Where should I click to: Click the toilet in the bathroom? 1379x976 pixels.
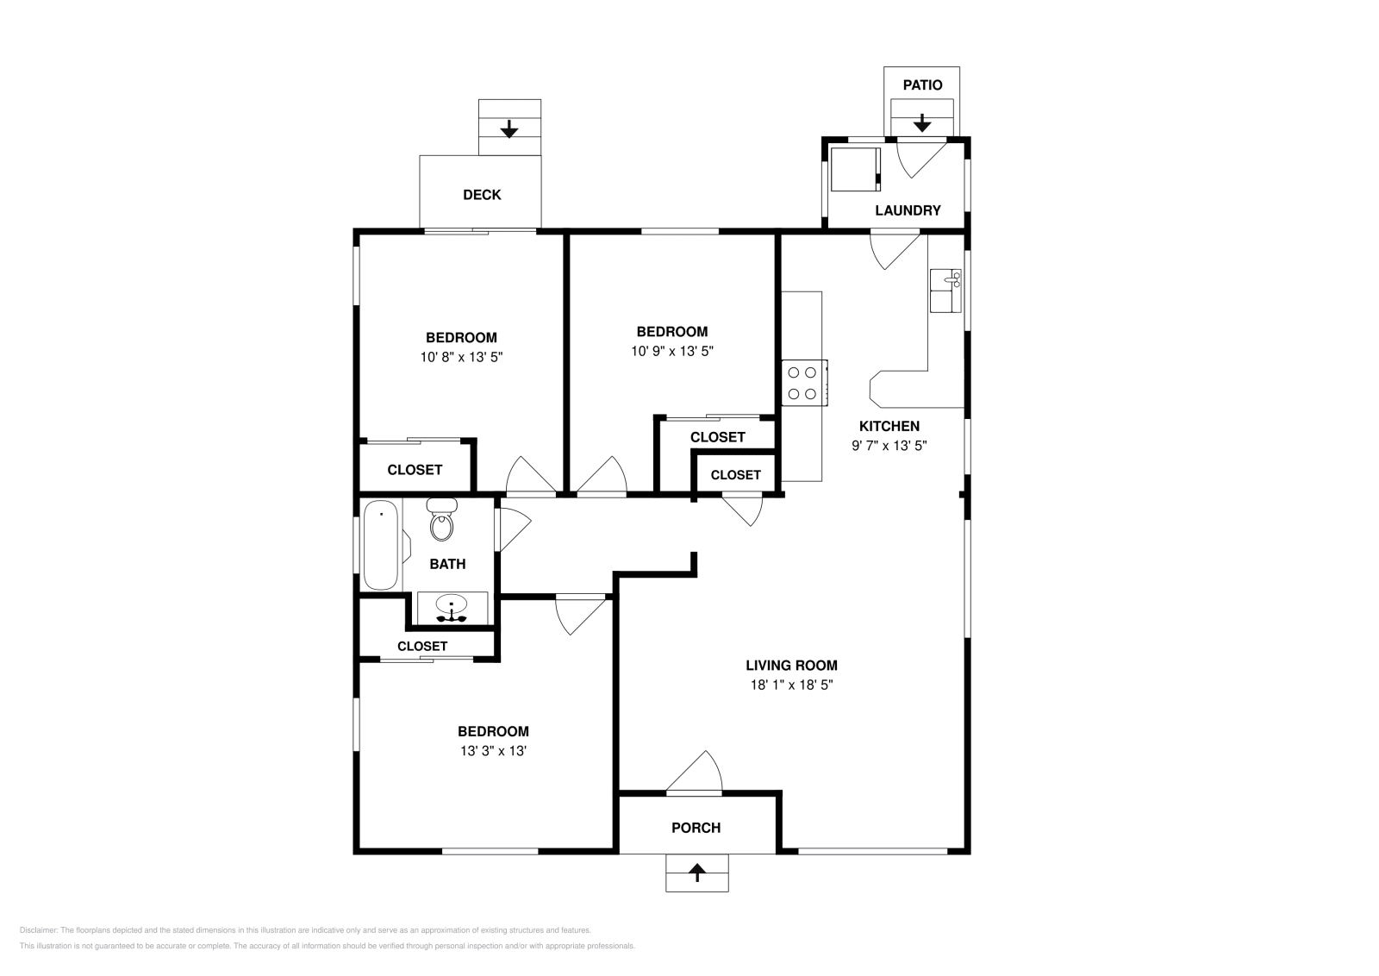442,519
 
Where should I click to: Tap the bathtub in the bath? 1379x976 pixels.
381,545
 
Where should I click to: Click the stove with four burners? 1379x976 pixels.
805,383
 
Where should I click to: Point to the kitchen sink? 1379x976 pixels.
945,291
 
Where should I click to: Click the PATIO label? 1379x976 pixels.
922,85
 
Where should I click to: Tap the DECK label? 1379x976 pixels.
482,195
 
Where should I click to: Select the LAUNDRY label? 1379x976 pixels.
908,210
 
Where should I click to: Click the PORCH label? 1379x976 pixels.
696,828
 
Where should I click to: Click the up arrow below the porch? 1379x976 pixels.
697,873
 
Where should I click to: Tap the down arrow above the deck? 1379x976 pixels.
509,128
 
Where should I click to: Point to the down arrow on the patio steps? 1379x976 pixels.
922,122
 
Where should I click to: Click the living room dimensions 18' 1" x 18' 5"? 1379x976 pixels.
792,685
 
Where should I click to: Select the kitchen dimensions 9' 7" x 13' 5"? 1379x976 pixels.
889,445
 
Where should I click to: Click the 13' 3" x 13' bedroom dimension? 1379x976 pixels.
493,751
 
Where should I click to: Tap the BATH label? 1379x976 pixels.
447,564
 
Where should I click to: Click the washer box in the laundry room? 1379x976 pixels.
855,169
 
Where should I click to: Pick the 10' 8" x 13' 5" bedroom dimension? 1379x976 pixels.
462,357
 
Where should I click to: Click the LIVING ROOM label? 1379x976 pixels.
792,665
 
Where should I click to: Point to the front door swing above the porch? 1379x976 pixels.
702,770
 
